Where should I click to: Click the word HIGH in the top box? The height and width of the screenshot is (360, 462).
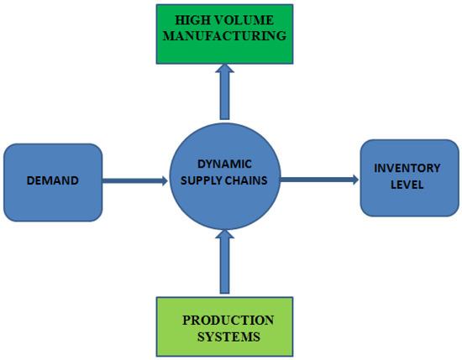tap(190, 19)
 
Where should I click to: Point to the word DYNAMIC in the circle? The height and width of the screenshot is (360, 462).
tap(223, 165)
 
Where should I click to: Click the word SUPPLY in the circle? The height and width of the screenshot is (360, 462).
tap(201, 181)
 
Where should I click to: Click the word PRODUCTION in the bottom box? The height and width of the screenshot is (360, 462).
tap(228, 321)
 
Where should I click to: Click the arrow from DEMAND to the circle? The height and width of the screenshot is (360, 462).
tap(134, 180)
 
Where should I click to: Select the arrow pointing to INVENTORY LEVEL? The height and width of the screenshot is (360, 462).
tap(319, 179)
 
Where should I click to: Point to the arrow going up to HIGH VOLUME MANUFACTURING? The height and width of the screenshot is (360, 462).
tap(224, 92)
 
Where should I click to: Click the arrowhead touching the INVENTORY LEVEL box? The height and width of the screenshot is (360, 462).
tap(354, 179)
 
